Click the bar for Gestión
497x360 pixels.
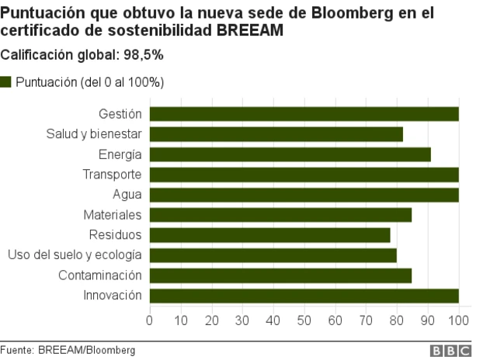coord(304,114)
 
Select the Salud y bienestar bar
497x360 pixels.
coord(276,134)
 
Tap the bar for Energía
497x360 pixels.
coord(290,154)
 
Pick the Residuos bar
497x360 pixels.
coord(269,235)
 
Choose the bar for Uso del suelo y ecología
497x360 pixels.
coord(273,255)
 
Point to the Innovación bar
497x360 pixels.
coord(304,296)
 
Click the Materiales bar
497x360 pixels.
coord(280,215)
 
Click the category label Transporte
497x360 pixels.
coord(112,175)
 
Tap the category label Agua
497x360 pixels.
coord(127,195)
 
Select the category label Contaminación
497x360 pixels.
coord(99,275)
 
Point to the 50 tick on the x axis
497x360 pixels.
coord(304,319)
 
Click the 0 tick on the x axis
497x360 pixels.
coord(149,319)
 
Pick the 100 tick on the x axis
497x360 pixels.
coord(459,319)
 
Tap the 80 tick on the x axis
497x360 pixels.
coord(397,319)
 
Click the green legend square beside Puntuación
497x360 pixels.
coord(6,81)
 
